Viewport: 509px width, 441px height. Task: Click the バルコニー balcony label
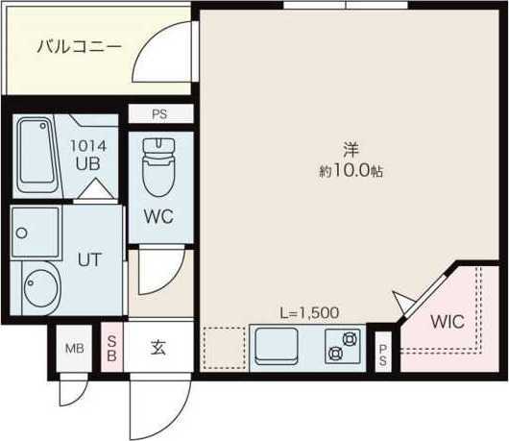tap(79, 45)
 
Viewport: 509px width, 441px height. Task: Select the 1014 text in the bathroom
tap(95, 147)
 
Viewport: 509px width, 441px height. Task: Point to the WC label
tap(158, 216)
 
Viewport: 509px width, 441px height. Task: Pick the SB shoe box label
tap(112, 348)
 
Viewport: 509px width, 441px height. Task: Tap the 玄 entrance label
tap(158, 348)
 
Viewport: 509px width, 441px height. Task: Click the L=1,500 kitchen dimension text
tap(309, 313)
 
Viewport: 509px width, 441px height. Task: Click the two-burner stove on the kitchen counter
tap(343, 346)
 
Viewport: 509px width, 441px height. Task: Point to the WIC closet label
tap(448, 322)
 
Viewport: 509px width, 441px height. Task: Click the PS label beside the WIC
tap(383, 355)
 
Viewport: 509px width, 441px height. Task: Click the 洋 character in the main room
tap(351, 150)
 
